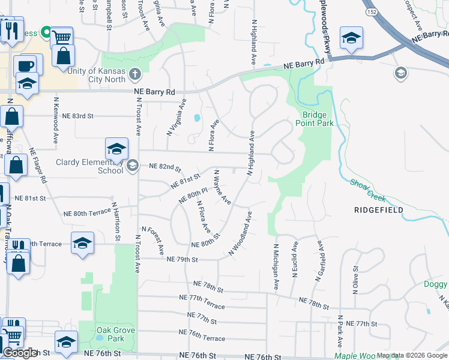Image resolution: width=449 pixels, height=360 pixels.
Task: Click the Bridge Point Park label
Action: coord(314,118)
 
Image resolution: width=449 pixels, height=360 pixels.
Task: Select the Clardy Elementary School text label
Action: coord(89,166)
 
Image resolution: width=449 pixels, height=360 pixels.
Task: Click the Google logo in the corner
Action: coord(20,353)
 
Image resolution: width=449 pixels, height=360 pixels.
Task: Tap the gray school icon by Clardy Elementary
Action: coord(133,166)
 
